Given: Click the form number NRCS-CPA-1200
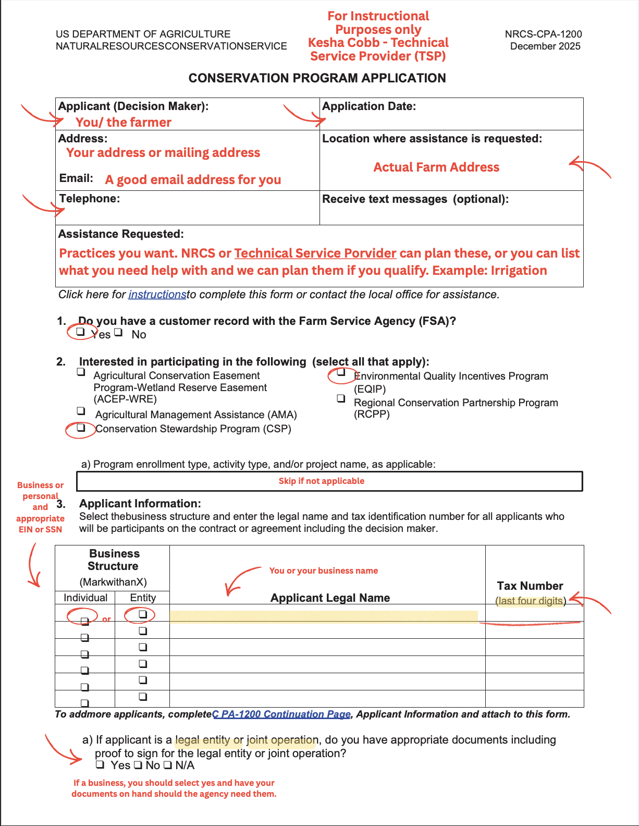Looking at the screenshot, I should click(x=543, y=34).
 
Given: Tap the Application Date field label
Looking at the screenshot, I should click(x=369, y=106).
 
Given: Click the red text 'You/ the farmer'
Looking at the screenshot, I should click(x=124, y=123).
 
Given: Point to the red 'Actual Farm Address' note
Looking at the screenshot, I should click(x=436, y=167).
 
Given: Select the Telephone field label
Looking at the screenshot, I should click(x=90, y=199).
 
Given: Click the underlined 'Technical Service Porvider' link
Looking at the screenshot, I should click(x=315, y=253).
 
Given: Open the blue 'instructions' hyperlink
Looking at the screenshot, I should click(x=157, y=295).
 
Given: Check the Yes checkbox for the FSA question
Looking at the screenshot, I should click(x=80, y=332).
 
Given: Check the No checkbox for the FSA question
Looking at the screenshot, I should click(x=118, y=332).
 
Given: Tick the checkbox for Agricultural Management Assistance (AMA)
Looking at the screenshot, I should click(x=81, y=411).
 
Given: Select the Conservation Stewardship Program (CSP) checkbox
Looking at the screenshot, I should click(x=81, y=428).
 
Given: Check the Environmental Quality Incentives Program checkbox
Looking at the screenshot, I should click(x=341, y=372).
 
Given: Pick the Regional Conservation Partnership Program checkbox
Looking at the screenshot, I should click(x=341, y=398).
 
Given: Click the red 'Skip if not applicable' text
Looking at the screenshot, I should click(x=322, y=481).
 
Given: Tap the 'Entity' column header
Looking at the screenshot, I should click(x=143, y=598).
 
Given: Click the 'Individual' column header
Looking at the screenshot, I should click(x=85, y=598).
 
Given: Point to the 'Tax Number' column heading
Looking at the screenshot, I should click(x=530, y=586).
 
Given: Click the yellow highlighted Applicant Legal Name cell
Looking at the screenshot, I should click(x=323, y=616).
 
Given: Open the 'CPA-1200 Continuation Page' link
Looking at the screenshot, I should click(x=281, y=714).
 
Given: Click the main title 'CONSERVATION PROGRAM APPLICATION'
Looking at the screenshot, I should click(x=317, y=78).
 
